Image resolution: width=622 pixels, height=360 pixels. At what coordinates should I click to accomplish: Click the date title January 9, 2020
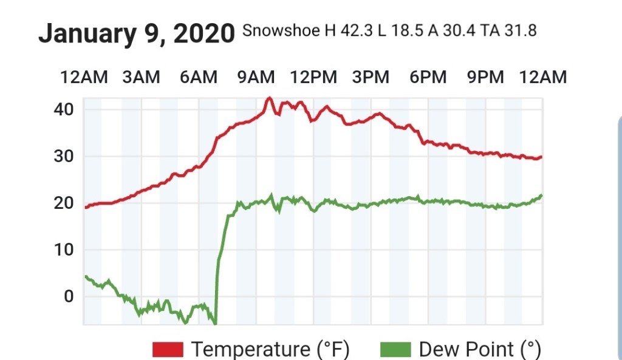click(x=136, y=33)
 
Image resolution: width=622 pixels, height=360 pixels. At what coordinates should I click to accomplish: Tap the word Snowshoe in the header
click(x=280, y=30)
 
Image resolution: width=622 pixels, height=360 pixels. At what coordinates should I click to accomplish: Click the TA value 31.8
click(x=520, y=30)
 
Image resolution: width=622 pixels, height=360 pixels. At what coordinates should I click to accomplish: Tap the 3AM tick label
click(x=141, y=77)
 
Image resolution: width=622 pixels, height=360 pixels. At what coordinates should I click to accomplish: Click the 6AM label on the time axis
click(x=198, y=77)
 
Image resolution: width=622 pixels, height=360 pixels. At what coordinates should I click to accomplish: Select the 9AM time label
click(x=256, y=77)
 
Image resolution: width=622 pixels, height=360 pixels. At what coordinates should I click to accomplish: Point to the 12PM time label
click(x=313, y=77)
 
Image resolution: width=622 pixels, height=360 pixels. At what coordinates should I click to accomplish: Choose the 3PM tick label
click(x=371, y=77)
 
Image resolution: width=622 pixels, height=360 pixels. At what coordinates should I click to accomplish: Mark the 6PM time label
click(x=428, y=77)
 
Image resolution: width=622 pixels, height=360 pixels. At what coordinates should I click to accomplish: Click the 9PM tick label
click(x=485, y=77)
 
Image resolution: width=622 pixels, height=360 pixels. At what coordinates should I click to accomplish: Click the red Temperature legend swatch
click(x=168, y=349)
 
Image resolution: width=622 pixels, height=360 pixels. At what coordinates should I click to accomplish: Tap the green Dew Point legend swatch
click(x=395, y=349)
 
